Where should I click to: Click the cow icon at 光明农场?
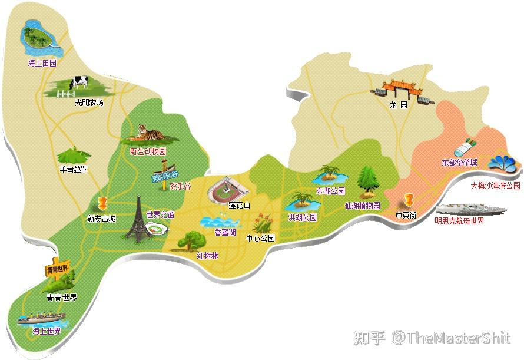(x=79, y=84)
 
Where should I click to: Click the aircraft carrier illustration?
(x=469, y=209)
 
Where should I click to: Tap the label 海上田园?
(x=41, y=62)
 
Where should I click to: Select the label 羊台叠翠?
(x=73, y=169)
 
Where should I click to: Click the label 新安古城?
(x=101, y=219)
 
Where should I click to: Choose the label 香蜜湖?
(x=225, y=232)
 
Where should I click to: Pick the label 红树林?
(x=207, y=256)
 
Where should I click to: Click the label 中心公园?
(x=260, y=238)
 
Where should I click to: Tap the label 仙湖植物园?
(x=362, y=206)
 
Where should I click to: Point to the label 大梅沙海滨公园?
(x=495, y=185)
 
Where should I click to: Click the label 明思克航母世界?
(x=459, y=221)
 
